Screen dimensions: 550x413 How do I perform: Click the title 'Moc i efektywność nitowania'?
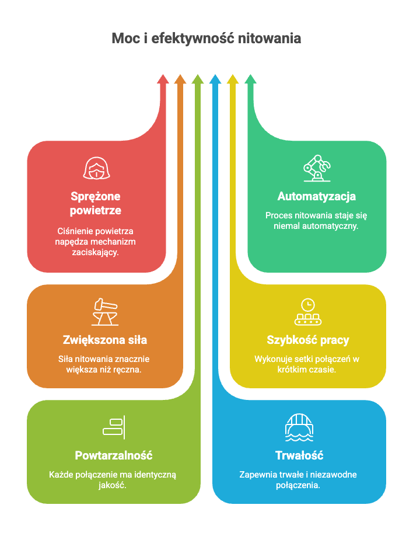[206, 39]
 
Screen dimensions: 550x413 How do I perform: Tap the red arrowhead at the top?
[163, 79]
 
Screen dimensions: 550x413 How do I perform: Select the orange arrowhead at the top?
[180, 79]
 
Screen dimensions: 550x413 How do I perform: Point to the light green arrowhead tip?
[198, 79]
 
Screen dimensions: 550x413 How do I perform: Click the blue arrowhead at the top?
[215, 79]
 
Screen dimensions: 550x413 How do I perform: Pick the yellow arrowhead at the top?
[233, 79]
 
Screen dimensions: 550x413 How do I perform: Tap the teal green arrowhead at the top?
[250, 79]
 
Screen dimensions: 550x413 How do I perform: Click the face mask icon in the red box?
[96, 169]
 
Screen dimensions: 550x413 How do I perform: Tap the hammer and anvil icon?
[104, 312]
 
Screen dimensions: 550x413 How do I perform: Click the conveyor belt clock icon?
[307, 312]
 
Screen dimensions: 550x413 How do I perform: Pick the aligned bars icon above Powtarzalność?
[114, 427]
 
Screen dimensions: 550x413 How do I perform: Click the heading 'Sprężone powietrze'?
[96, 203]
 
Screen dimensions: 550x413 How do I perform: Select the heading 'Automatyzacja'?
[317, 197]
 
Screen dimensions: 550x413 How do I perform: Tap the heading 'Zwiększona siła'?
[104, 340]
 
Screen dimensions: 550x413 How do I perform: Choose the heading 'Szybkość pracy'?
[308, 340]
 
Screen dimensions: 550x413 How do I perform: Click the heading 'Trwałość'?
[299, 455]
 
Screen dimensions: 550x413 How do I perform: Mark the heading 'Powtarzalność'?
[114, 455]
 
